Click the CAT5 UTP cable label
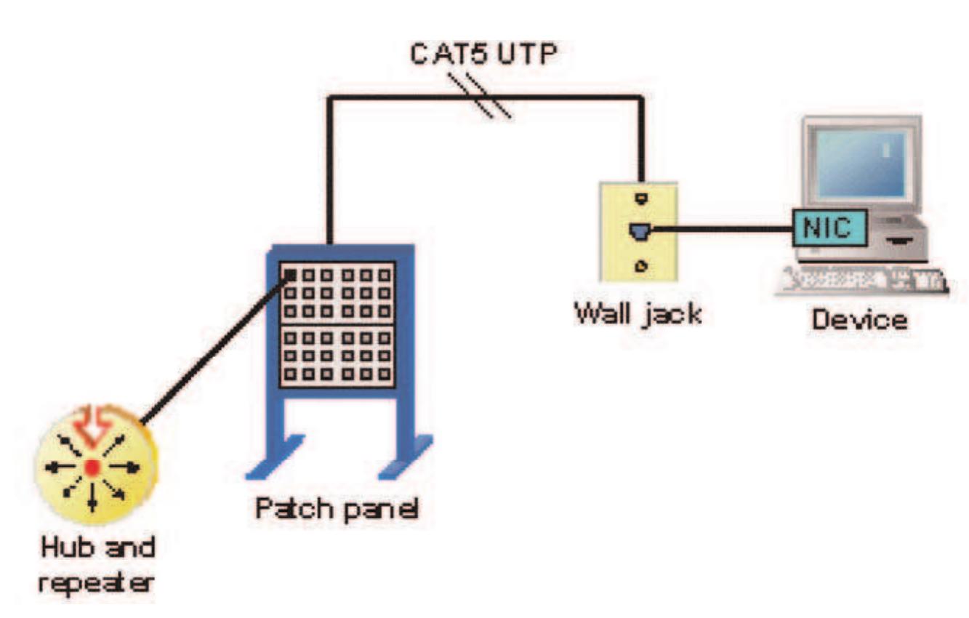tap(483, 56)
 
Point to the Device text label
tap(859, 319)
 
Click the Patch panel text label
tap(336, 508)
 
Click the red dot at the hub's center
tap(92, 467)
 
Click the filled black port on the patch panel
tap(289, 274)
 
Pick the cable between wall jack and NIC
tap(720, 230)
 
